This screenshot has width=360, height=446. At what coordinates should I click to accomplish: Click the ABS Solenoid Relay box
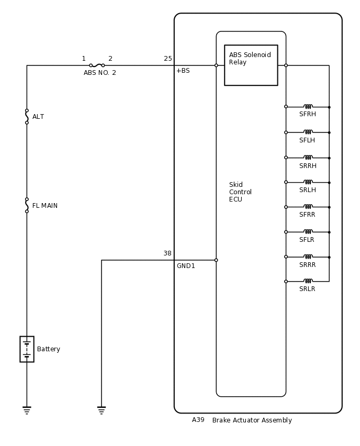(x=251, y=65)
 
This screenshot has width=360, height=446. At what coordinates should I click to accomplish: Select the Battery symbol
(x=27, y=349)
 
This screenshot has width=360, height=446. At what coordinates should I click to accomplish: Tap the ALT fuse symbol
(x=27, y=116)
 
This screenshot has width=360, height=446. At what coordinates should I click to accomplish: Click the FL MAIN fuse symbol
(x=27, y=205)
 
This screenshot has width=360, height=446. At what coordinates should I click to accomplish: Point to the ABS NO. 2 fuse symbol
(x=97, y=65)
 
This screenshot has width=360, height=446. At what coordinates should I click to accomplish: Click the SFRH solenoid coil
(x=308, y=107)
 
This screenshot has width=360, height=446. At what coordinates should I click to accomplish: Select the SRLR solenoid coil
(x=308, y=282)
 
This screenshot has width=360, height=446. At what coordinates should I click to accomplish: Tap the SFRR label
(x=307, y=215)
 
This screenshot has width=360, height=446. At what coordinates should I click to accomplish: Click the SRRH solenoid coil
(x=308, y=158)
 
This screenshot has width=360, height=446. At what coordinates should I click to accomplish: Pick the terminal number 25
(x=168, y=59)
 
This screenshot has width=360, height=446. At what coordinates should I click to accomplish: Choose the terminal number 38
(x=167, y=253)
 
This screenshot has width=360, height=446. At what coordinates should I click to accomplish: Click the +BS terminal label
(x=183, y=71)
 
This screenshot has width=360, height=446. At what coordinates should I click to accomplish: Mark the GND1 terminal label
(x=186, y=266)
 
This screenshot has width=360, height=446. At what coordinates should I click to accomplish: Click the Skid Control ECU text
(x=240, y=192)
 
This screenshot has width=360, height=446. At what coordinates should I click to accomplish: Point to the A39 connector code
(x=198, y=420)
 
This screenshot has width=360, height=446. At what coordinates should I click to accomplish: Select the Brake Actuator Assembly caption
(x=252, y=420)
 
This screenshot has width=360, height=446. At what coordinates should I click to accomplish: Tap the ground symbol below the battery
(x=27, y=410)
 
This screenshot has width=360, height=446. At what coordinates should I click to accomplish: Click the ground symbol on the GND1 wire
(x=102, y=410)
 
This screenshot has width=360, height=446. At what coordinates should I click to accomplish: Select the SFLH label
(x=307, y=140)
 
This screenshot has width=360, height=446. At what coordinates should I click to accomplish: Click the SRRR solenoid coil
(x=308, y=257)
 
